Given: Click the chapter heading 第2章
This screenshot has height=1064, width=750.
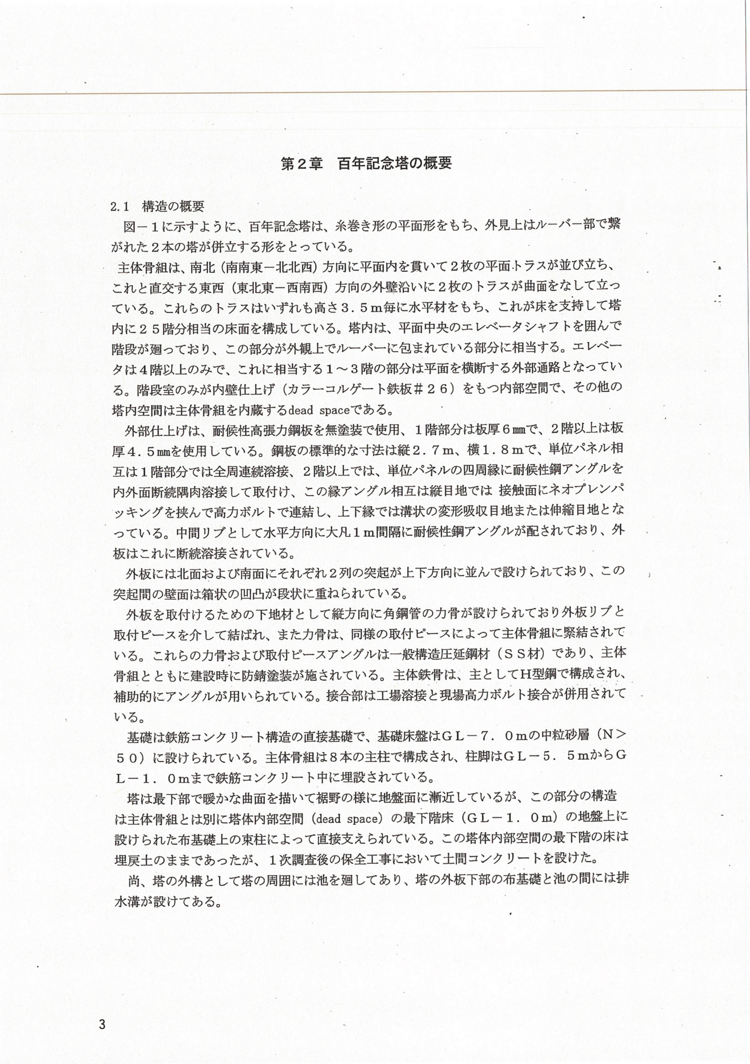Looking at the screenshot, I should (300, 164).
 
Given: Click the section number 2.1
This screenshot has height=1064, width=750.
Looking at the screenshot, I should (120, 207).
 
